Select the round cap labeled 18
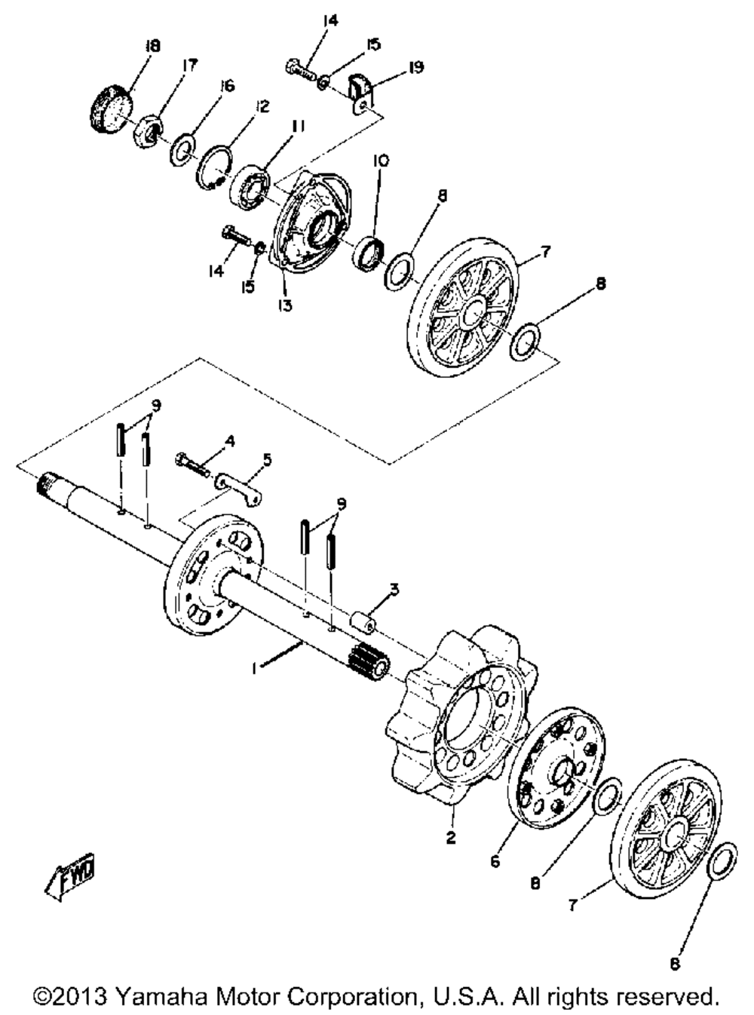[x=110, y=110]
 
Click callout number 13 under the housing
[x=284, y=305]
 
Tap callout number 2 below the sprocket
[x=451, y=838]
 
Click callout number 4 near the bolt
[x=229, y=440]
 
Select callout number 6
[x=495, y=860]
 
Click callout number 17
[x=188, y=66]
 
